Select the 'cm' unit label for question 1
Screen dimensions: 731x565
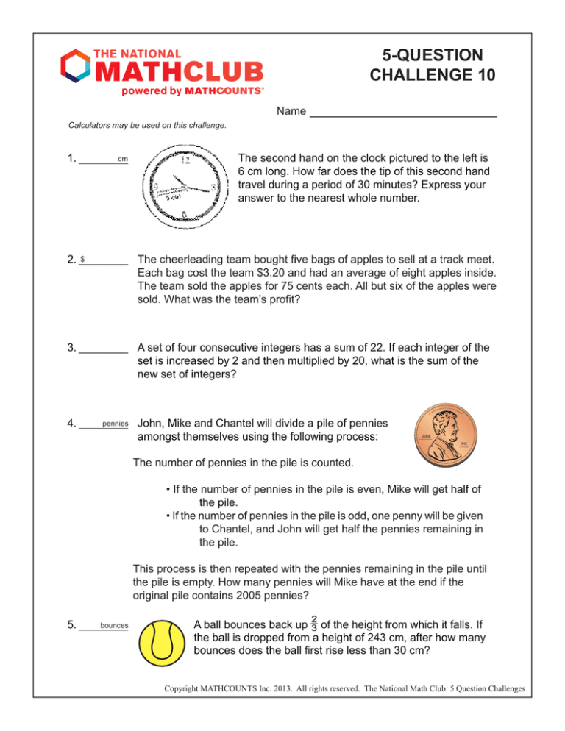pos(123,159)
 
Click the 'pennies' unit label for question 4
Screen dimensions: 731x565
pos(116,424)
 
